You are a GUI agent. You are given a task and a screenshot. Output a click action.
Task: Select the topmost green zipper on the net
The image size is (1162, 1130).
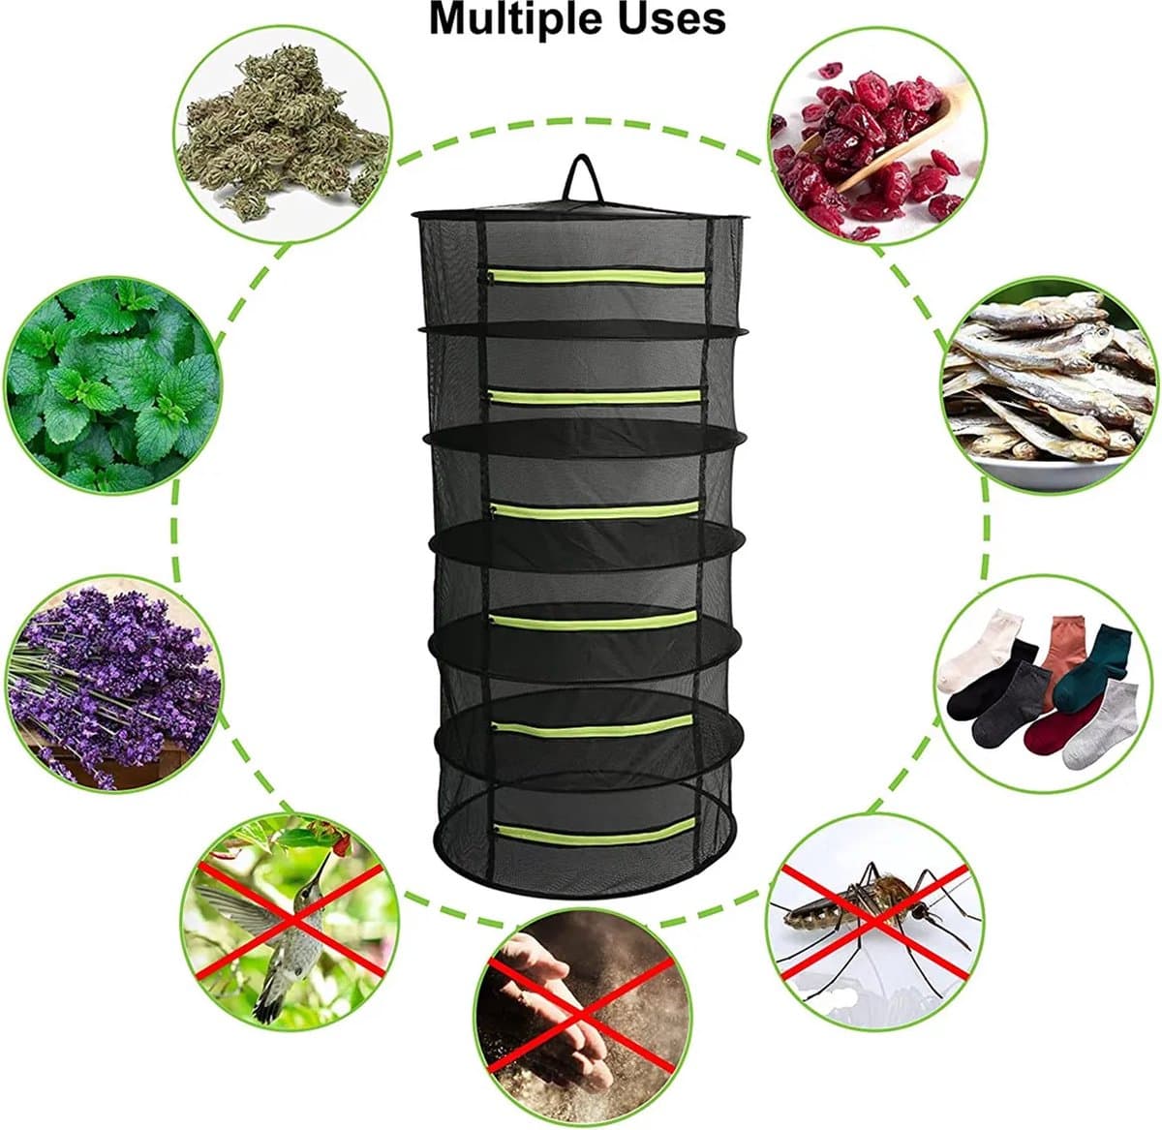(x=596, y=277)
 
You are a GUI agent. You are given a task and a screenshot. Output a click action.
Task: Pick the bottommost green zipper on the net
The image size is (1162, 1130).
(x=596, y=832)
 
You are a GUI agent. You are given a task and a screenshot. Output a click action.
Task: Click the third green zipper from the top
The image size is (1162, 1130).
(x=595, y=509)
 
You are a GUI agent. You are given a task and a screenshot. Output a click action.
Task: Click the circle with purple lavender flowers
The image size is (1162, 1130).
(x=113, y=685)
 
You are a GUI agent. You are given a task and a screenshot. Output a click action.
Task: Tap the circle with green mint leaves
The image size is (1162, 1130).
(x=112, y=385)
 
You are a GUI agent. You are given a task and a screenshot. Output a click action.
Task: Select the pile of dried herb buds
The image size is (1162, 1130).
(x=281, y=129)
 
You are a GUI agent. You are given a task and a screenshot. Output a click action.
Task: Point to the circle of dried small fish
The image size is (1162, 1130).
(x=1048, y=385)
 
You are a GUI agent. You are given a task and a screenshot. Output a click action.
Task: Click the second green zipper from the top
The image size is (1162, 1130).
(x=595, y=396)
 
